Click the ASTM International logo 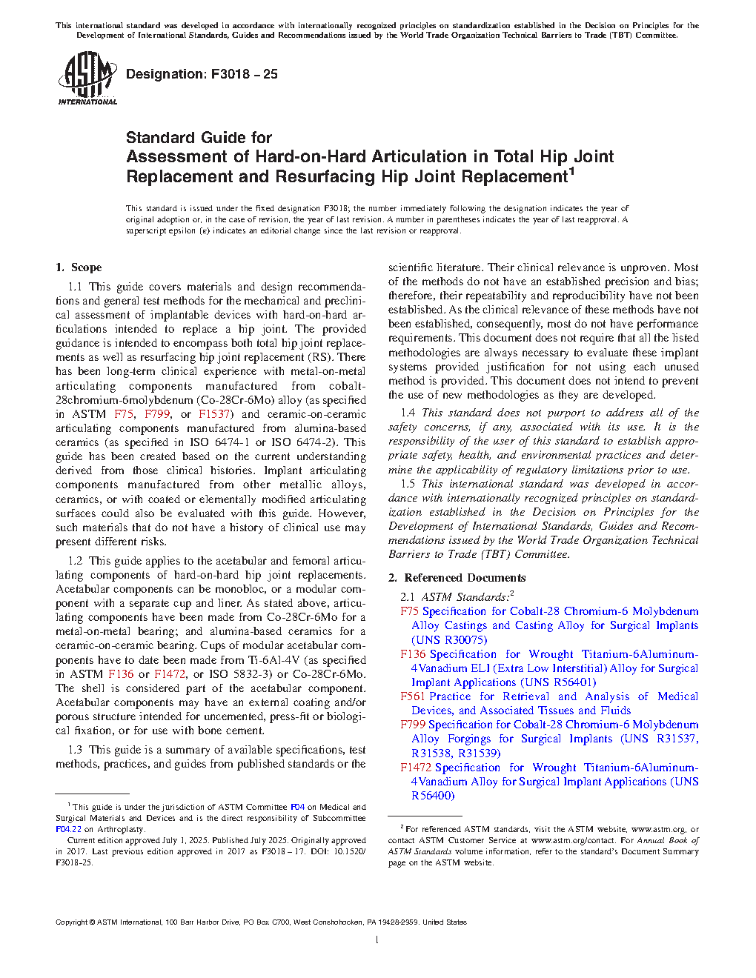click(87, 78)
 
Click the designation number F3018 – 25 click(244, 74)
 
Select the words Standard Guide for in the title click(199, 138)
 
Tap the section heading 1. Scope click(79, 267)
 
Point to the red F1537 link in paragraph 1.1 click(214, 414)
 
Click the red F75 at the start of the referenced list click(409, 611)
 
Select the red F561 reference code click(412, 696)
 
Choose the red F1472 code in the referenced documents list click(416, 768)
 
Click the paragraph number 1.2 click(75, 561)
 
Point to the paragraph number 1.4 click(408, 413)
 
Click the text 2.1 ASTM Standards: click(456, 597)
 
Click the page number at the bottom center click(377, 940)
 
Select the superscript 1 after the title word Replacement click(571, 173)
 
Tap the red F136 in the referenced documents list click(413, 654)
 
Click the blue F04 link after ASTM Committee click(297, 807)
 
